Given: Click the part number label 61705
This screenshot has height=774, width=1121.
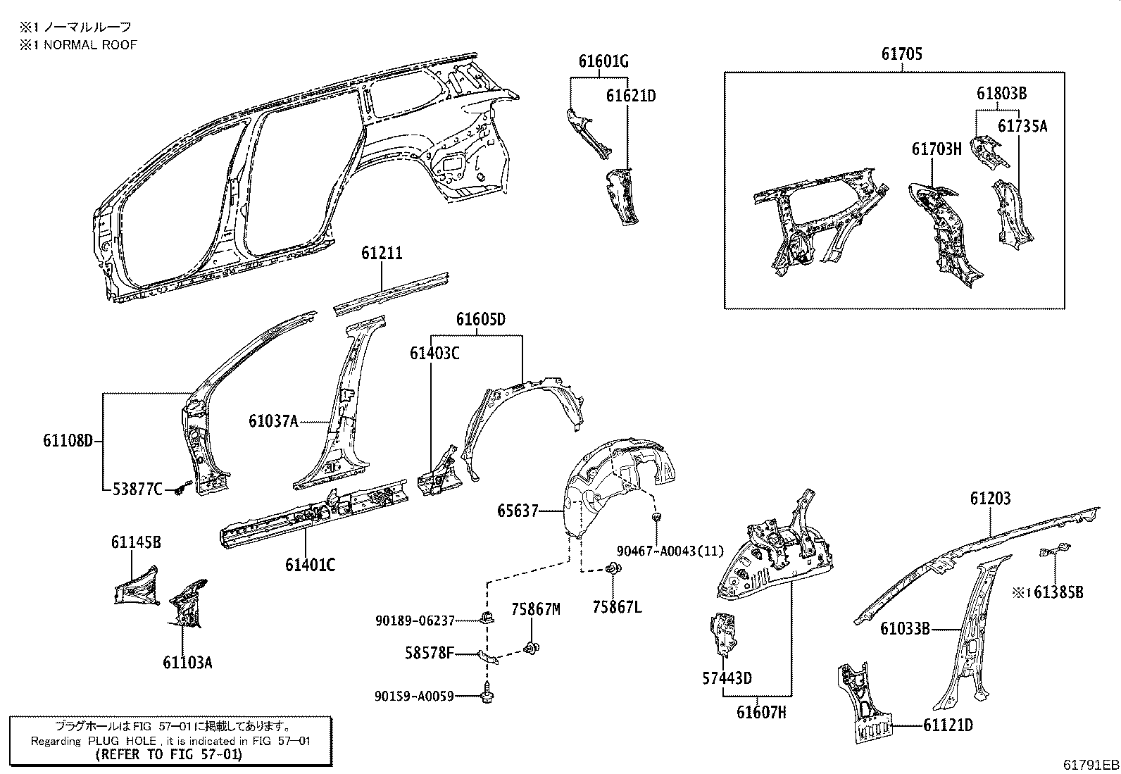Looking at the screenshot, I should [901, 54].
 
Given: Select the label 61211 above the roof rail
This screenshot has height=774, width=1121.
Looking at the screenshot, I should [382, 252].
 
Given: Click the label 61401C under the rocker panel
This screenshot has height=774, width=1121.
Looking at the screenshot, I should [310, 564].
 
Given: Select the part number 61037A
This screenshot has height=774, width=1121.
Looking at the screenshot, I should [273, 421].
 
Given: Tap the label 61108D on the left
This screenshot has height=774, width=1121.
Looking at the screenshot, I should [68, 442].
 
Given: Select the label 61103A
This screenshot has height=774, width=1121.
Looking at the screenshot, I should [187, 662].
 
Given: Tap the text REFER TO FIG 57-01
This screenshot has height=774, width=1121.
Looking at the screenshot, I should [169, 754].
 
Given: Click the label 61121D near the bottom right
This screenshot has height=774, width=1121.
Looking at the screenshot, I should [948, 725].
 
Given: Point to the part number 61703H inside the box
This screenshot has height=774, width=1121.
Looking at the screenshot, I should [937, 149].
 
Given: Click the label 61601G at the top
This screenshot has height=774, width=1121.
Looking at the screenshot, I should [603, 61].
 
